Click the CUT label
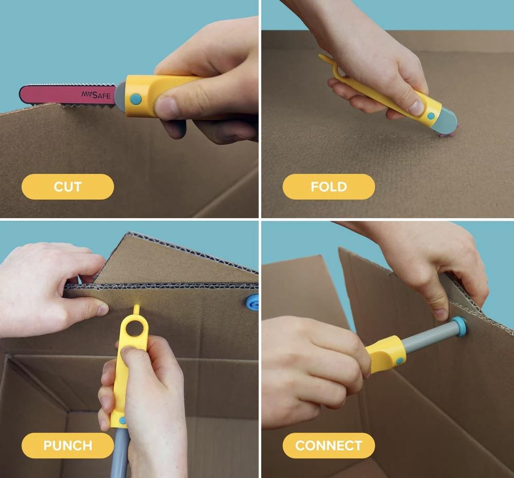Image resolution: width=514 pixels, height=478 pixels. [67, 187]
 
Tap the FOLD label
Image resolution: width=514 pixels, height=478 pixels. [328, 187]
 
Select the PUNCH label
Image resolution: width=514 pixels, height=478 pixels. [67, 446]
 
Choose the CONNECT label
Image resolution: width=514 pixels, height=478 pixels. [328, 446]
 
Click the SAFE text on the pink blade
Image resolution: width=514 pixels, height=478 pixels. [101, 96]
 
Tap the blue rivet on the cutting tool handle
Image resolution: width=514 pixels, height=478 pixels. [136, 98]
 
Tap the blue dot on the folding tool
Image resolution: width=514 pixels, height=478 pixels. [431, 116]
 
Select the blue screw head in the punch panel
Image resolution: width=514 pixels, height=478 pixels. [252, 302]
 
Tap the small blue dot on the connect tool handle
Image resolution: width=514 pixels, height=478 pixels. [399, 361]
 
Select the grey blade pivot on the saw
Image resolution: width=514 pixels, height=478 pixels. [121, 97]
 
